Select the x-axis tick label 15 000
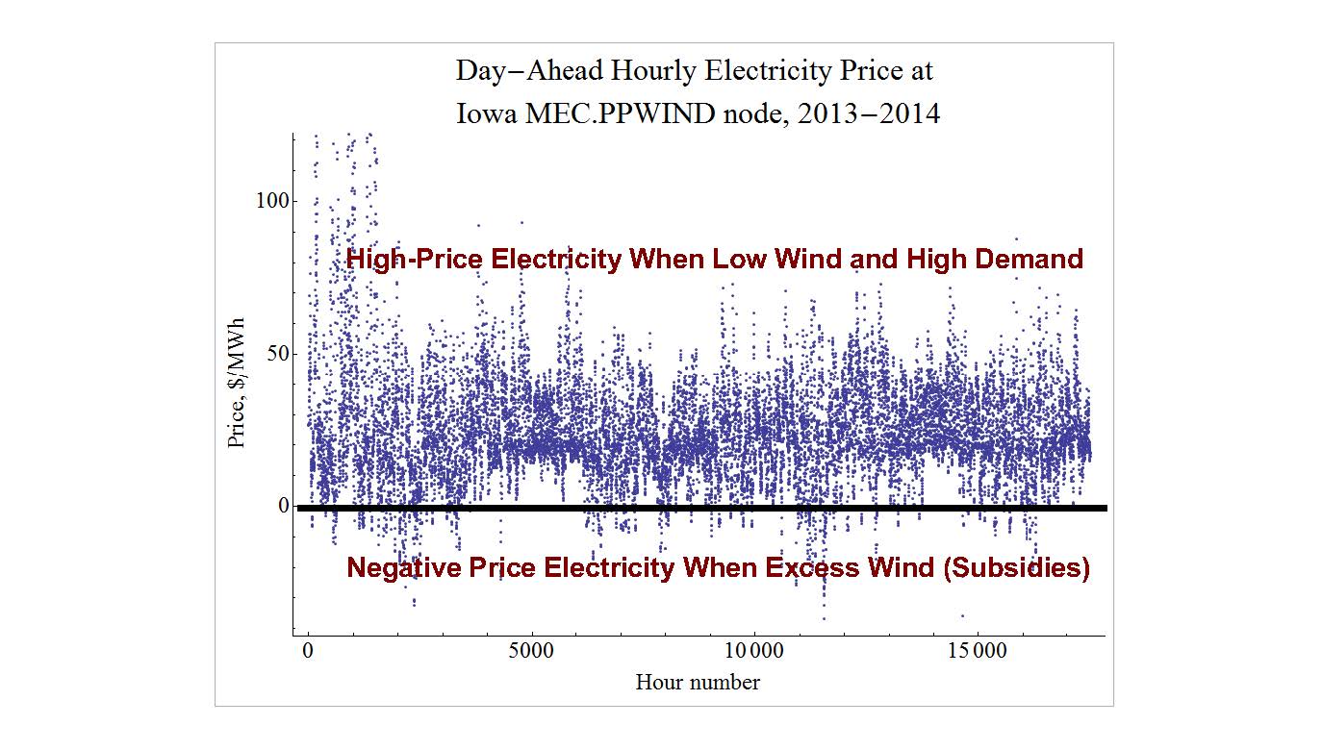coord(976,651)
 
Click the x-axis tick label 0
coord(307,651)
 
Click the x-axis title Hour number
coord(698,683)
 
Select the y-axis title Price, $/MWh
coord(236,382)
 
